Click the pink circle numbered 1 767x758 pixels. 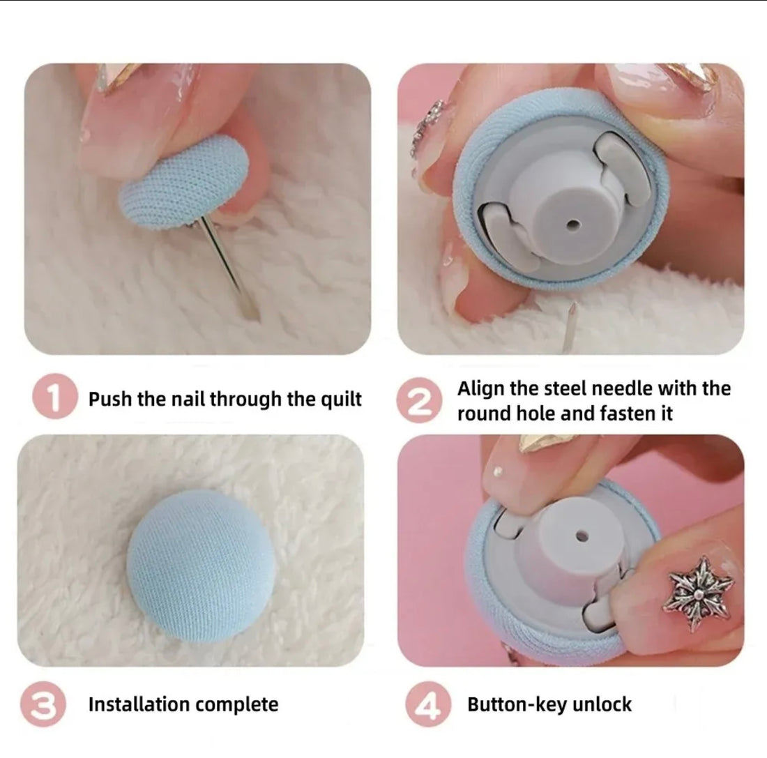tap(55, 396)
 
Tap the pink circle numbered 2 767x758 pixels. tap(419, 400)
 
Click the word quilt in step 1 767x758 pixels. tap(341, 399)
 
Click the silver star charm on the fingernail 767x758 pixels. tap(698, 593)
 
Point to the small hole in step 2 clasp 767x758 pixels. tap(572, 225)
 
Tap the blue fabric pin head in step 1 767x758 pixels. tap(183, 181)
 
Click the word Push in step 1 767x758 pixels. tap(111, 399)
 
